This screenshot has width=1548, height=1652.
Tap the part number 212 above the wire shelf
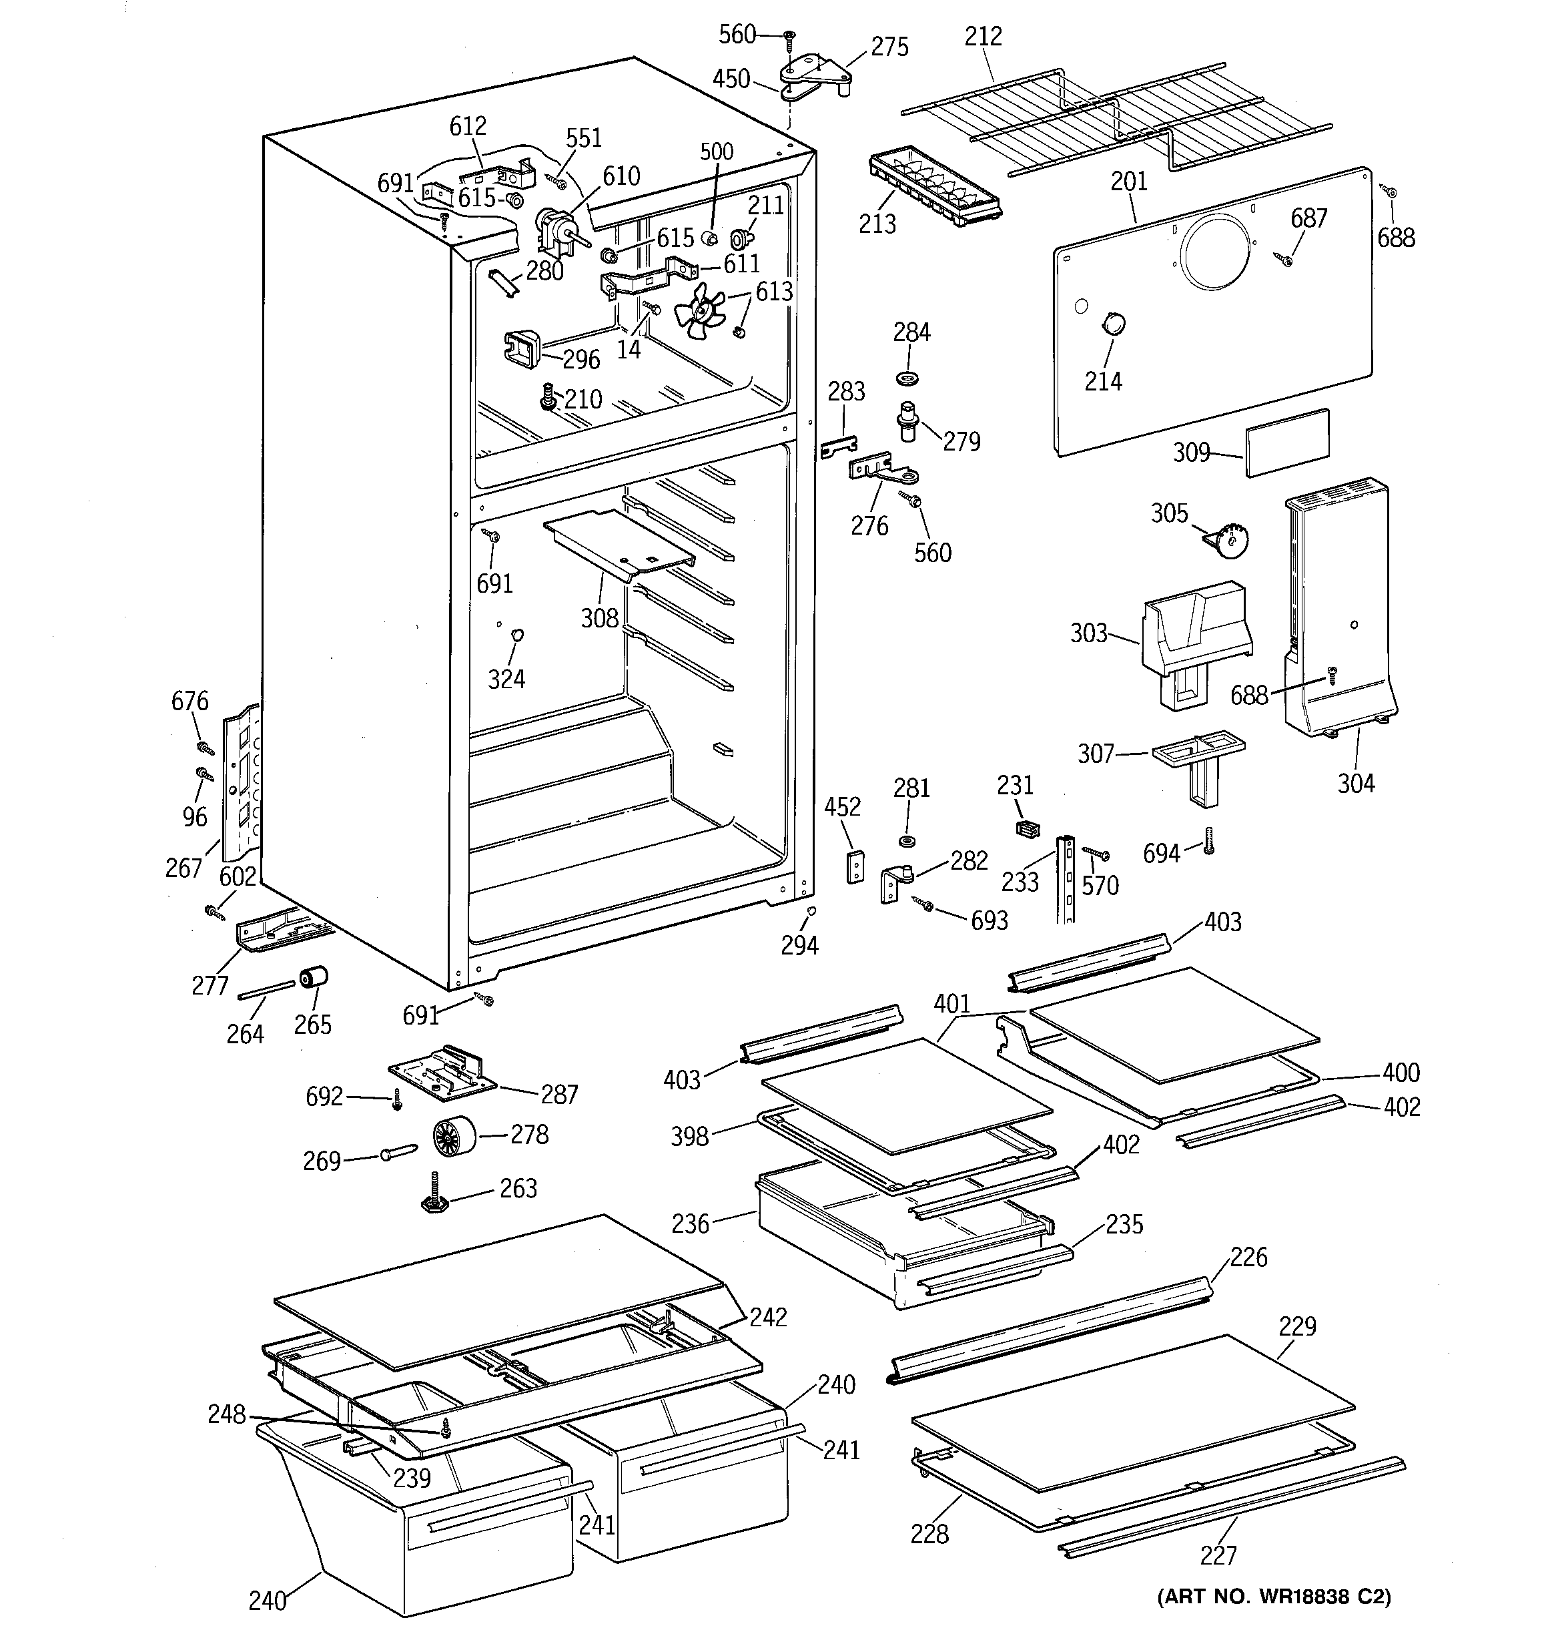point(983,37)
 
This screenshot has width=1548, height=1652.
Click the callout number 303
point(1088,633)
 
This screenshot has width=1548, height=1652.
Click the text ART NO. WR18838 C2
point(1274,1597)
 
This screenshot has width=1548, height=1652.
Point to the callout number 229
point(1297,1326)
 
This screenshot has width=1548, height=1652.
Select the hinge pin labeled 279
point(908,421)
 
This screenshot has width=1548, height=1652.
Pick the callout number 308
point(599,617)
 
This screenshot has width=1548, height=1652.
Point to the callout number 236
point(691,1224)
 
